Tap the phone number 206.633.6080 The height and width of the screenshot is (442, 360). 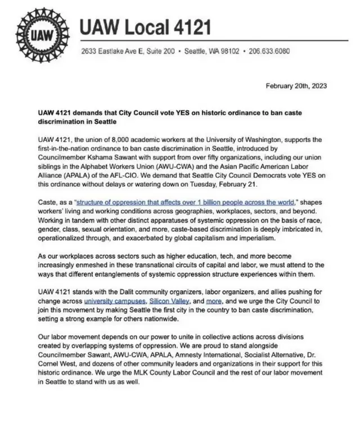269,51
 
